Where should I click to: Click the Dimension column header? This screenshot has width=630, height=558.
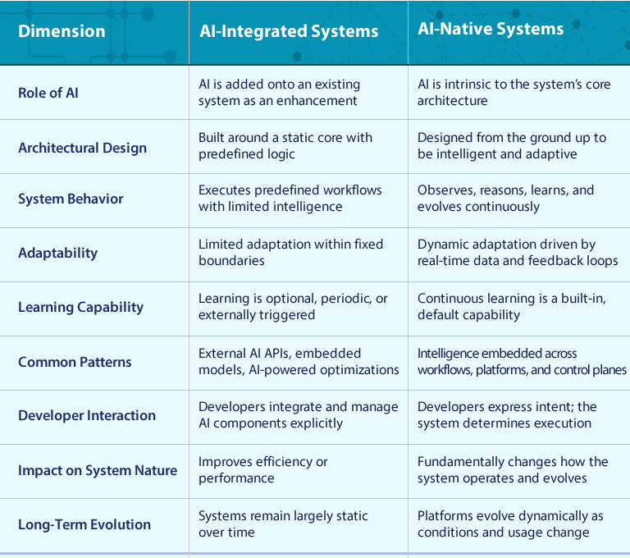point(62,32)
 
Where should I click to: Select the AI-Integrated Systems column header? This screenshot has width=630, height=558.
point(289,32)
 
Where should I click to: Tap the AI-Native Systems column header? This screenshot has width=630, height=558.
point(491,29)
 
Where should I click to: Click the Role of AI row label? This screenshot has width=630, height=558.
point(48,93)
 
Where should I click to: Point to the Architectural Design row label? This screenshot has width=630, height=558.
point(82,148)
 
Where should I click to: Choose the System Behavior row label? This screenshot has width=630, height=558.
point(71,199)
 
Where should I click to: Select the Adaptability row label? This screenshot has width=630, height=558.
point(57,253)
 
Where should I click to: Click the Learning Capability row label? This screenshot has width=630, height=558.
point(80,307)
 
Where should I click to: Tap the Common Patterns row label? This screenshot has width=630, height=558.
point(75,362)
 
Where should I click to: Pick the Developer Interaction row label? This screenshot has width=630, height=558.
point(87,415)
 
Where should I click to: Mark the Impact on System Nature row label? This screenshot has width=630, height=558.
point(98,470)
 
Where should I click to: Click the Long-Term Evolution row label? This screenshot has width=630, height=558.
point(84,524)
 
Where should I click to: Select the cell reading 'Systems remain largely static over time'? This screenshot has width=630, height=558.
point(283,524)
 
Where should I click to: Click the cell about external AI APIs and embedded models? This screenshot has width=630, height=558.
point(299,362)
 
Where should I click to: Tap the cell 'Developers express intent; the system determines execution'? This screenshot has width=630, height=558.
point(507,415)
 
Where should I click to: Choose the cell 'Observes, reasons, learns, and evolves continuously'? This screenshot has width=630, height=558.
point(505,199)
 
